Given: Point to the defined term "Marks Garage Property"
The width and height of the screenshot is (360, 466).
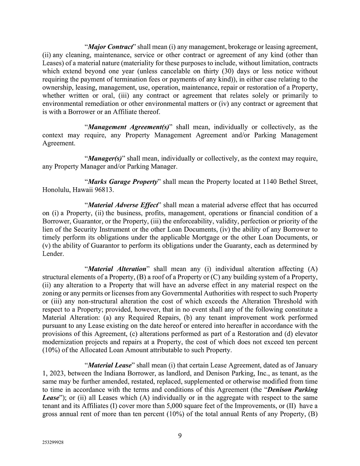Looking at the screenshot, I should click(122, 182).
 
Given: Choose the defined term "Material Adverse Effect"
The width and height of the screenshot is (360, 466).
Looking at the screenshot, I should click(122, 205).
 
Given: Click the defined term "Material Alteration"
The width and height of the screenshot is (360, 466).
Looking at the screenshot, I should click(117, 269).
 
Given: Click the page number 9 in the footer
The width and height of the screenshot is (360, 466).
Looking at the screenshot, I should click(180, 436).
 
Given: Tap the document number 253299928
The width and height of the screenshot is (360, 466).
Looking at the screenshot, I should click(53, 443).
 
